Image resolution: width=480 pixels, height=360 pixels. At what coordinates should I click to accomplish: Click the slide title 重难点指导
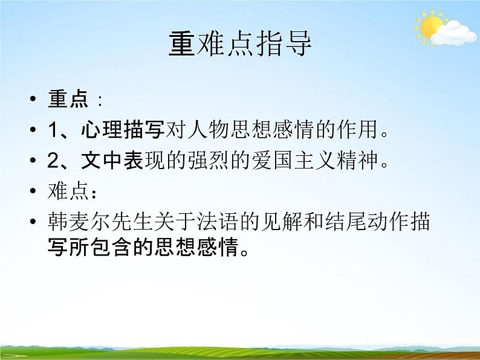pyautogui.click(x=240, y=45)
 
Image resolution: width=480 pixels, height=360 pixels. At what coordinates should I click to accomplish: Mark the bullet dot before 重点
pyautogui.click(x=33, y=100)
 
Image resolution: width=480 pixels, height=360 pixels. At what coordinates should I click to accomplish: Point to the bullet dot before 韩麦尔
pyautogui.click(x=33, y=223)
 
